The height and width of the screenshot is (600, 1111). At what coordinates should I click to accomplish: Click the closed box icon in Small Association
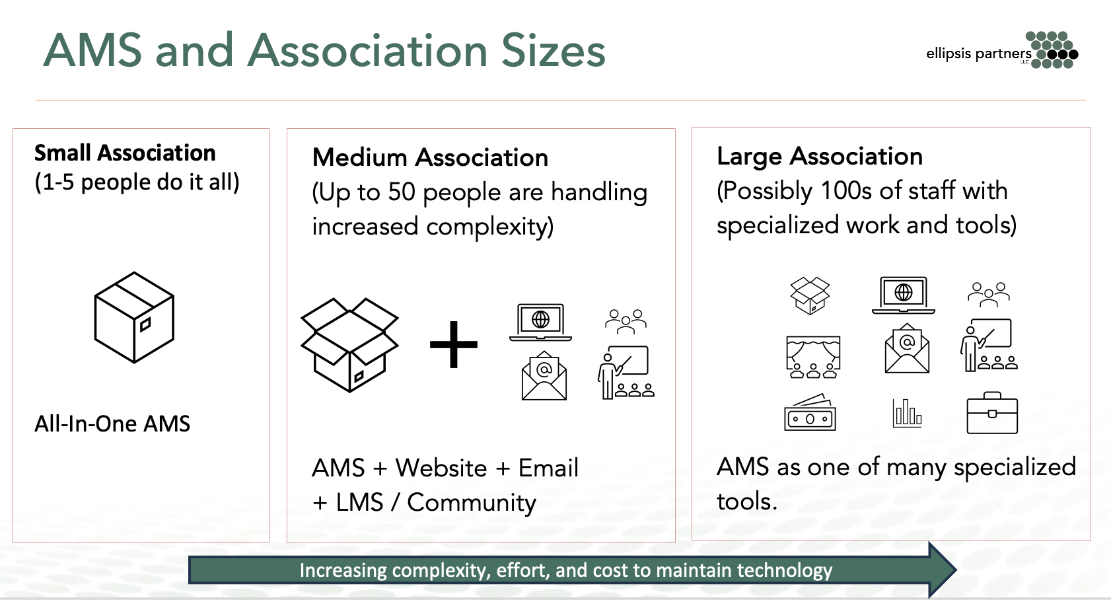click(x=134, y=317)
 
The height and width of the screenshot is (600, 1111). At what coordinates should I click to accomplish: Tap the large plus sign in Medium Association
click(x=454, y=344)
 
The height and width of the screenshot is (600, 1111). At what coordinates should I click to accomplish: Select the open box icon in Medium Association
click(x=349, y=344)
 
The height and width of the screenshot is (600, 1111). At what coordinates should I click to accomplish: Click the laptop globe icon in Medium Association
click(x=540, y=322)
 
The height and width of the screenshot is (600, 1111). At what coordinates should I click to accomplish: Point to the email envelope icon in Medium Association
click(x=544, y=376)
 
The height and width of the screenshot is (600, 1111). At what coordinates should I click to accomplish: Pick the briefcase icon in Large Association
click(x=992, y=413)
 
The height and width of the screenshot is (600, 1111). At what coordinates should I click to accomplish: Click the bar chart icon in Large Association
click(x=907, y=413)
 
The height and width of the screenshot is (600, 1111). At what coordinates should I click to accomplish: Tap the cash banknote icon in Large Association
click(x=810, y=413)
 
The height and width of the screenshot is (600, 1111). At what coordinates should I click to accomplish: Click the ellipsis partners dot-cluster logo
click(x=1054, y=50)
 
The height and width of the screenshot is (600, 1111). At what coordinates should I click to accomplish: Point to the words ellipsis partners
click(x=978, y=54)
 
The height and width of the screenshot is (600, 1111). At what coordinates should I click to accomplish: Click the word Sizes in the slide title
click(x=554, y=51)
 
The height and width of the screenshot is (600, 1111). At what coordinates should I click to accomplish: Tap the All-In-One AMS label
click(x=112, y=424)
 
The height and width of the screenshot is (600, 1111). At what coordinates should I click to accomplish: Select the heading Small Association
click(x=125, y=153)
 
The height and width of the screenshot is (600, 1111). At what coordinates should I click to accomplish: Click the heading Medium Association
click(x=430, y=158)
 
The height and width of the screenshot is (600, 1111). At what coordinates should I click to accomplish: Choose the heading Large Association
click(x=820, y=157)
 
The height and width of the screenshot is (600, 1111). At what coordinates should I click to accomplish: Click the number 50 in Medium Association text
click(x=402, y=192)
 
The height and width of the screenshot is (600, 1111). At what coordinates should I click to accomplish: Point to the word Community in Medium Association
click(x=472, y=503)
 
